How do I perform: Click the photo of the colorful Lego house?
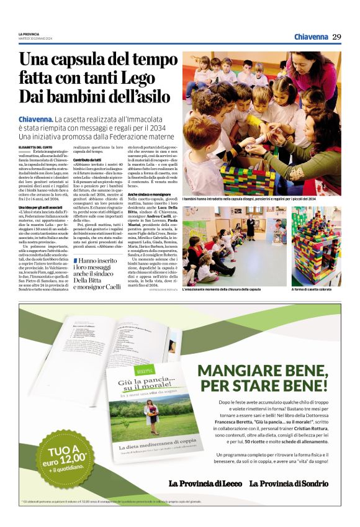tap(316, 246)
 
